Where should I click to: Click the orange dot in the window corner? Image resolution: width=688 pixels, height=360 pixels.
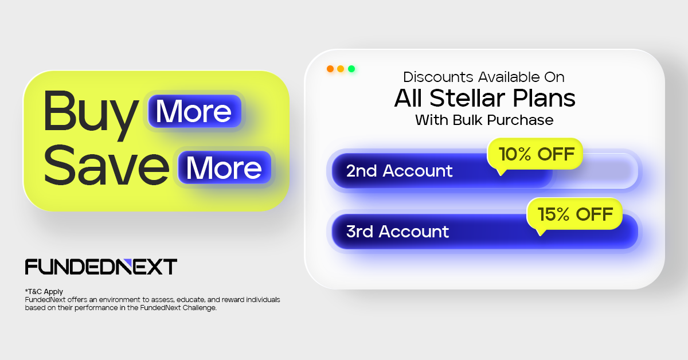[330, 69]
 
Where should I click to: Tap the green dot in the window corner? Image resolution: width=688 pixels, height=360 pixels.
[351, 69]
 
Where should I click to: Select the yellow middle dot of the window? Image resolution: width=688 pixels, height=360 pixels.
[341, 69]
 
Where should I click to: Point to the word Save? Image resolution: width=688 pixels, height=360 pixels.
[106, 166]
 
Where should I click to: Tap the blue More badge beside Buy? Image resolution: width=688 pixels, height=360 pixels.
[194, 111]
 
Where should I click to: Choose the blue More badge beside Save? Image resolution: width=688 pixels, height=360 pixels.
[224, 168]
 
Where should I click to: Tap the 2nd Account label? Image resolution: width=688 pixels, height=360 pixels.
[399, 171]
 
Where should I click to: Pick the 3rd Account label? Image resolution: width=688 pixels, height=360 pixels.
[397, 231]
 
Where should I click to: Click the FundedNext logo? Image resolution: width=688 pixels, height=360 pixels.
[101, 267]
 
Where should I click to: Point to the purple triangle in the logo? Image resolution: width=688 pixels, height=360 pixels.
[127, 263]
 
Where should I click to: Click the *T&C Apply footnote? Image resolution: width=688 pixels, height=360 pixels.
[44, 292]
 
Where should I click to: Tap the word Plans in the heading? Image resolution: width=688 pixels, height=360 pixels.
[544, 99]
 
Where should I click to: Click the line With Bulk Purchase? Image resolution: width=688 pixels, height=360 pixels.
[484, 120]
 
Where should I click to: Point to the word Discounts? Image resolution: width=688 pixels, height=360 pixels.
[438, 77]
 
